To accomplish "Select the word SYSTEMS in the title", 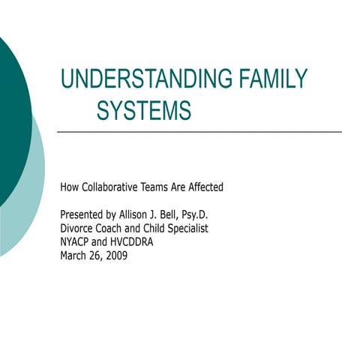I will coord(144,111).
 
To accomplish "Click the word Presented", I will coord(82,214).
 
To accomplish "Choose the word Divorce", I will coord(77,228).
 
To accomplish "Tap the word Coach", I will coord(112,228).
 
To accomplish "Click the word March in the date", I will coord(75,255).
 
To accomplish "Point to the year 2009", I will coord(118,255).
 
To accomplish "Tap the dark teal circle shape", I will coord(9,112).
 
